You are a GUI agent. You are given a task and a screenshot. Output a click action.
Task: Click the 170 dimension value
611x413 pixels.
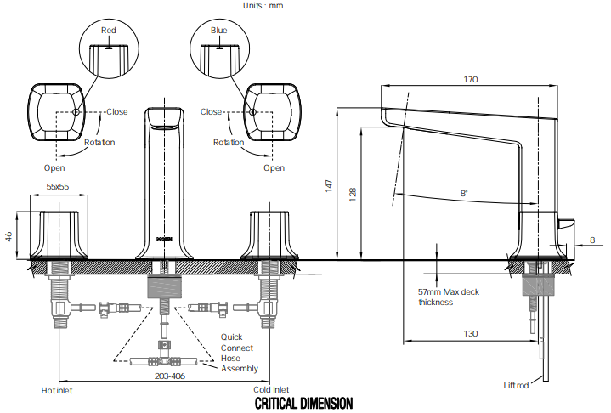click(x=471, y=79)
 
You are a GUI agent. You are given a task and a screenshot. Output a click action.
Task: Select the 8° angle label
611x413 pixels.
click(x=464, y=194)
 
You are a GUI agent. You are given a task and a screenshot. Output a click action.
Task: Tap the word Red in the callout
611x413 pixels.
click(x=108, y=31)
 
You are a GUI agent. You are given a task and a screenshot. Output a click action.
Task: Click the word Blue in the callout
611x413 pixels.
click(x=219, y=31)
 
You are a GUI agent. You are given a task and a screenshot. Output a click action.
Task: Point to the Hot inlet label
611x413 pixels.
click(x=59, y=391)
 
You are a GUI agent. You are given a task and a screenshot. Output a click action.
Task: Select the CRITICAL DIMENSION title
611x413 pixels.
click(x=303, y=403)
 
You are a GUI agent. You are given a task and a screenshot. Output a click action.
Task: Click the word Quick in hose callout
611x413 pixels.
click(x=231, y=337)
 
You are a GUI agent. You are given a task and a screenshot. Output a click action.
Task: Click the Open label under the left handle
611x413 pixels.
click(x=54, y=167)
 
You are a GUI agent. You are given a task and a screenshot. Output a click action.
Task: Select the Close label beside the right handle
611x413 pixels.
click(x=212, y=112)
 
